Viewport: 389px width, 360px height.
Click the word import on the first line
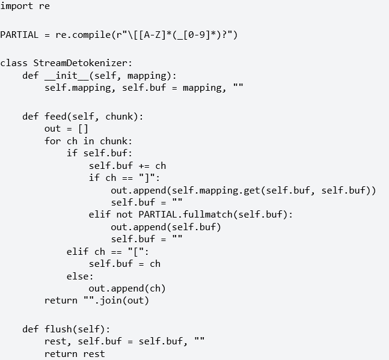click(x=17, y=6)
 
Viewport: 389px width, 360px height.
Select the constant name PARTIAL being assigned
click(x=19, y=35)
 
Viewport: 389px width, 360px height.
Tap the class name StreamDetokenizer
click(x=81, y=63)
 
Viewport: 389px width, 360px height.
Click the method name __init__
click(x=67, y=75)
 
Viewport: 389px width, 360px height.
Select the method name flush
click(x=58, y=329)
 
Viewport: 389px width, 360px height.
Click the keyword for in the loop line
click(x=52, y=141)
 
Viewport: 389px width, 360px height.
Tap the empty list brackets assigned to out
click(x=83, y=129)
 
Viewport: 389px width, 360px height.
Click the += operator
click(x=144, y=166)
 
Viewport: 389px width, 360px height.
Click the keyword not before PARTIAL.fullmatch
click(x=124, y=214)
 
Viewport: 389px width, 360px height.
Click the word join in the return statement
click(x=111, y=301)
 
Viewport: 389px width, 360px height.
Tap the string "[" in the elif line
click(x=135, y=252)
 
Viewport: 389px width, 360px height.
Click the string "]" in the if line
click(x=147, y=178)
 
